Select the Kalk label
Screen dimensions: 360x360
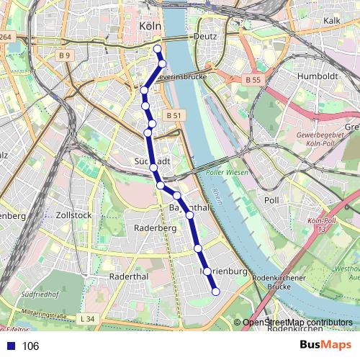tap(332, 21)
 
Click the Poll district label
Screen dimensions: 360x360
tap(271, 200)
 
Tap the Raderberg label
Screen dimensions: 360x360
tap(155, 228)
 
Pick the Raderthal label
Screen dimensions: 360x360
tap(128, 276)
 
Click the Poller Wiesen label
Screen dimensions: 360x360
tap(227, 173)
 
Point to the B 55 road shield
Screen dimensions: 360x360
tap(251, 79)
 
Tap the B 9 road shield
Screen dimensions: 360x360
tap(66, 55)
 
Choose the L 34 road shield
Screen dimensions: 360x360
tap(88, 319)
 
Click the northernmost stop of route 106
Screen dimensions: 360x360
tap(158, 48)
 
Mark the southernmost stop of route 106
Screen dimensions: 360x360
tap(215, 291)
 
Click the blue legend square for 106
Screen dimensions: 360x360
tap(9, 346)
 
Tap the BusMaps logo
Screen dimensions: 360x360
tap(325, 346)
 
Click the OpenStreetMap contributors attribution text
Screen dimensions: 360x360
tap(297, 323)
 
